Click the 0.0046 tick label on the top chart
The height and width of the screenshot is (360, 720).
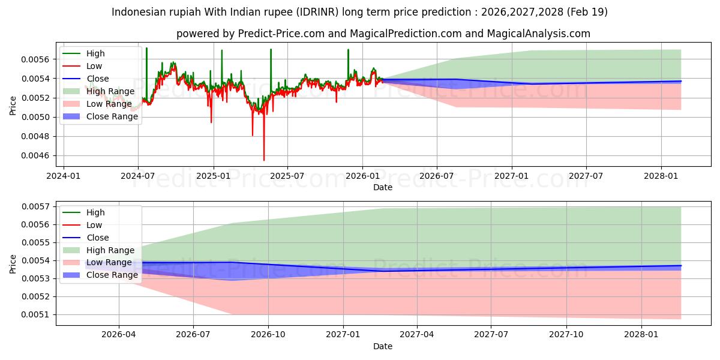pos(35,156)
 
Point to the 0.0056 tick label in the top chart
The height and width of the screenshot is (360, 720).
pos(35,59)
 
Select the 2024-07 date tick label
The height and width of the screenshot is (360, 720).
pos(138,176)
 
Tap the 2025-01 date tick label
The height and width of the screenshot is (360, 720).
pos(214,176)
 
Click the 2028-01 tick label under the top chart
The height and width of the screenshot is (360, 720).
pos(661,176)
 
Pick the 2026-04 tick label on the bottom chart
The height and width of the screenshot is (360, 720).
pos(119,335)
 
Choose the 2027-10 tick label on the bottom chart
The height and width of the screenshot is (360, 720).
pos(566,335)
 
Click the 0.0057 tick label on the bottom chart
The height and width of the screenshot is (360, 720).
pos(35,206)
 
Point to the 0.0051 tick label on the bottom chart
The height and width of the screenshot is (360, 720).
pos(35,314)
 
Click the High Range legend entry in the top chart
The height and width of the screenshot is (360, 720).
pos(98,91)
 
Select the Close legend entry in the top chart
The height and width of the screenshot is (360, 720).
pos(85,79)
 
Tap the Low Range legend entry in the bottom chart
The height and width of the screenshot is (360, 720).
pos(97,263)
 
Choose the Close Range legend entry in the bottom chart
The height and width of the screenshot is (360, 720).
pos(100,275)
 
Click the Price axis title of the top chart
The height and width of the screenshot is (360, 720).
pos(13,106)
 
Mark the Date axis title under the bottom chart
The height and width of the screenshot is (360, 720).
pos(383,347)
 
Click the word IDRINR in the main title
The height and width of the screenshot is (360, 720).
pos(317,12)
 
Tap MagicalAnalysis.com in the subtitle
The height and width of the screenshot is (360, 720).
pos(538,34)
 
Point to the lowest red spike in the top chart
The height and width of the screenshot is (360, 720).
pos(264,160)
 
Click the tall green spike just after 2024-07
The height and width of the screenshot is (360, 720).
pos(146,48)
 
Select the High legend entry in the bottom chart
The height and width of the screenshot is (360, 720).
pos(83,212)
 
